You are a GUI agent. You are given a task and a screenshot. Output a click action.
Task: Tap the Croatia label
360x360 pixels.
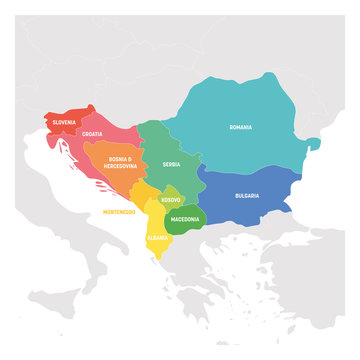92,133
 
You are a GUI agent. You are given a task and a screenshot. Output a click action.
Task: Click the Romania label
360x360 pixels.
240,128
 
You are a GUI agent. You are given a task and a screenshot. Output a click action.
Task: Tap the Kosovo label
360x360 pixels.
171,201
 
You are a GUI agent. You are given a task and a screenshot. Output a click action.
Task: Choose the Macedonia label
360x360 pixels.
184,218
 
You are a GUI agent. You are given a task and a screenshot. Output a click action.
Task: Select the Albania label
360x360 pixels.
158,238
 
